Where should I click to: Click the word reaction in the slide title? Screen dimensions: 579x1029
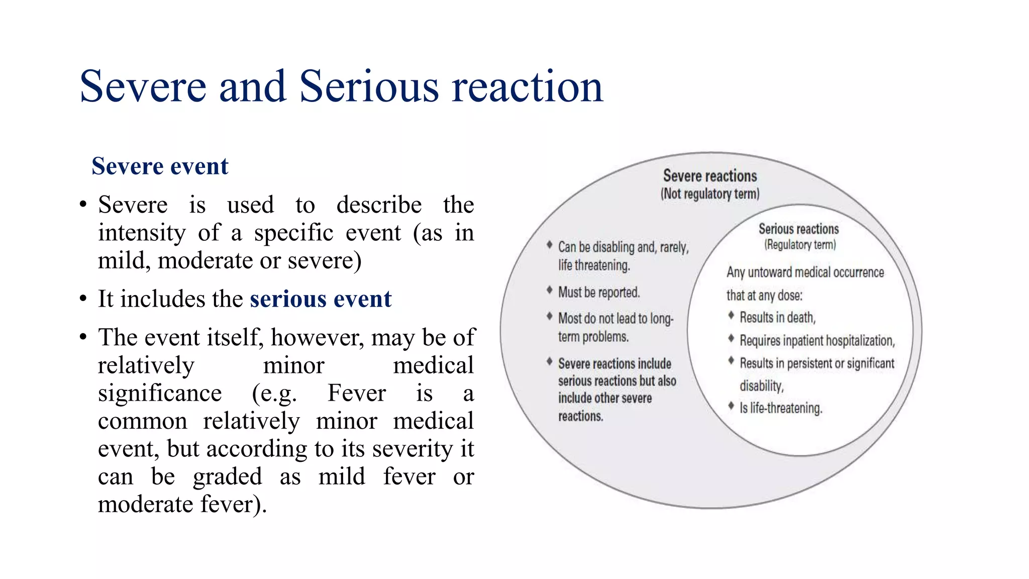(x=528, y=86)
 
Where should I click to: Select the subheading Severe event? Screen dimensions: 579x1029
(x=160, y=166)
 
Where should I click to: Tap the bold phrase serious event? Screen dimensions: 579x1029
(x=321, y=299)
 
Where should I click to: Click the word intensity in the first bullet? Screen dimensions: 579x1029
(x=142, y=233)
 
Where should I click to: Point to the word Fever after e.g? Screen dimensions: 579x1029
(x=357, y=393)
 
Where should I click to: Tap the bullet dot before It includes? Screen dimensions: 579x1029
(x=83, y=300)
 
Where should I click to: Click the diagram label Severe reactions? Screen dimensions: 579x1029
(x=709, y=176)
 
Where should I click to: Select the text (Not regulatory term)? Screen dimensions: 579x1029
(x=709, y=194)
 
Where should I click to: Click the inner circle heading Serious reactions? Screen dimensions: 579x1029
(x=798, y=229)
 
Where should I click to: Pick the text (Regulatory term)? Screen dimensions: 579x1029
(x=800, y=245)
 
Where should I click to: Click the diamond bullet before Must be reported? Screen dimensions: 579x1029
(x=550, y=290)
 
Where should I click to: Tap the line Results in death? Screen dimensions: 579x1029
(x=777, y=318)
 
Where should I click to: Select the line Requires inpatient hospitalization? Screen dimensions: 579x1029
(x=817, y=341)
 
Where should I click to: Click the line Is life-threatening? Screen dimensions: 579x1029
(x=781, y=408)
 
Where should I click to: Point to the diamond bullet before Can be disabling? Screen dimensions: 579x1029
(x=550, y=245)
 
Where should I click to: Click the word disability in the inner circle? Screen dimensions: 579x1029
(x=761, y=386)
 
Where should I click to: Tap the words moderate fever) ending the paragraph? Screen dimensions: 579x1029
(x=182, y=504)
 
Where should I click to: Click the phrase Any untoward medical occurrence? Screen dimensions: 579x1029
(x=805, y=272)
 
